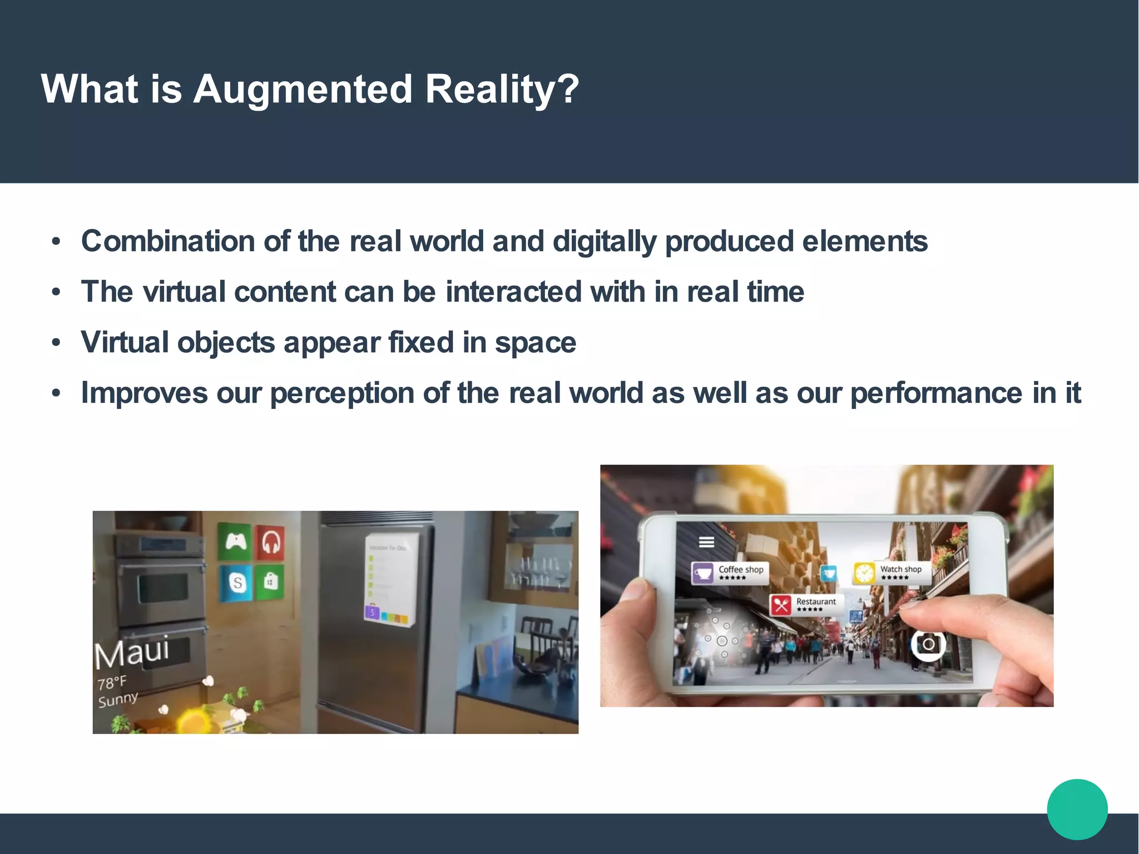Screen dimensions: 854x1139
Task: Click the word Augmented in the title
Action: [303, 89]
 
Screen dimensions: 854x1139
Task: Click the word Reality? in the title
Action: [502, 89]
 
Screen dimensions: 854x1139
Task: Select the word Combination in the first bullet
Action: [168, 241]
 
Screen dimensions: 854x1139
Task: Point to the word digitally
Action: [605, 241]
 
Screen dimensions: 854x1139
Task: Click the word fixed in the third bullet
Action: [421, 342]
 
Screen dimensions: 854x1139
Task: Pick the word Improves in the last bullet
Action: [144, 393]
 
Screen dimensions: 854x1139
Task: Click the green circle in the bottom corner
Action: [1077, 809]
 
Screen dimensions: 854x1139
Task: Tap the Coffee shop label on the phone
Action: [730, 572]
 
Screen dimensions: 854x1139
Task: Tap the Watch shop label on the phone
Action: [892, 572]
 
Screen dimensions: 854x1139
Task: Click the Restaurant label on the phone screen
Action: [807, 604]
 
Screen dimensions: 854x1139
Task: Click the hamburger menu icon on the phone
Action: [706, 542]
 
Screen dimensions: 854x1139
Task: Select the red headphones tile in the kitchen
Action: [270, 541]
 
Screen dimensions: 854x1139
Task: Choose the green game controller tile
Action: [235, 541]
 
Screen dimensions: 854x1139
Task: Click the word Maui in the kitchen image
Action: [131, 653]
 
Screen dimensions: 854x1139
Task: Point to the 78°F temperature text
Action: [112, 683]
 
